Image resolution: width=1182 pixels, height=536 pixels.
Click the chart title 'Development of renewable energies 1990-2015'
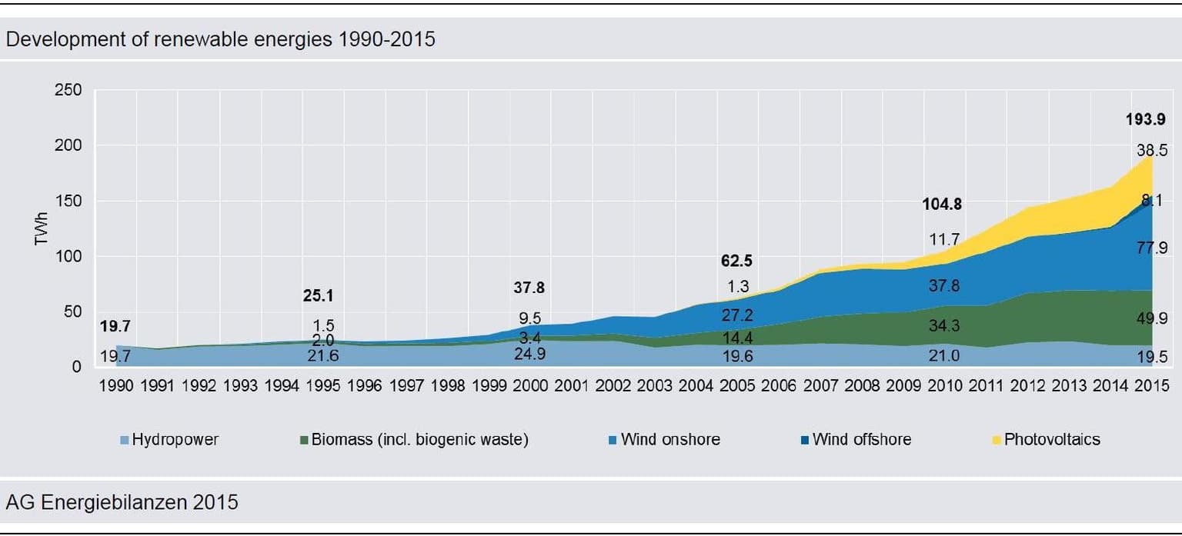point(220,39)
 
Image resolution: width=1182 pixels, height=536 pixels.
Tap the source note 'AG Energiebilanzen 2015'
point(122,503)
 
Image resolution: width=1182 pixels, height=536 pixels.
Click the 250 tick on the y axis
point(68,90)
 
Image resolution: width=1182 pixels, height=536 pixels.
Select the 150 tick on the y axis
point(68,201)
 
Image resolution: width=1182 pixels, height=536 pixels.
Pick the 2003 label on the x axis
point(654,386)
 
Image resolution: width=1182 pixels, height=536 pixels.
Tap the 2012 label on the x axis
point(1028,386)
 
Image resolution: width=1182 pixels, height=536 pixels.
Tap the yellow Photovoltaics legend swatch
point(997,441)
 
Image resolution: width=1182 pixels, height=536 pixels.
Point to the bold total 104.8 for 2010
point(942,205)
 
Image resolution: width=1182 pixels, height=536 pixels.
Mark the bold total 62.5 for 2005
point(736,261)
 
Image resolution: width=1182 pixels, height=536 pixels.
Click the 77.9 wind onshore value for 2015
point(1152,248)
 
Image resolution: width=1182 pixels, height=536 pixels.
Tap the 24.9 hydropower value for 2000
point(529,355)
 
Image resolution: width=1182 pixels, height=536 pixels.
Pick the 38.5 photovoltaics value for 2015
point(1152,151)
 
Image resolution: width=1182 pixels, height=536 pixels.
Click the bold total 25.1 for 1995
point(319,296)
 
